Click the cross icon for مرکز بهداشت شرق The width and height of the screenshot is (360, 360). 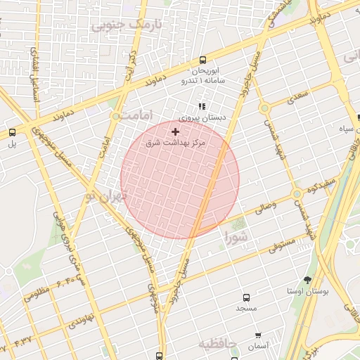pyautogui.click(x=175, y=131)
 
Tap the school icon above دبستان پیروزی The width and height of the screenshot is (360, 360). pyautogui.click(x=202, y=107)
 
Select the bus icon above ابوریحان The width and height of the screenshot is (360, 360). pyautogui.click(x=203, y=60)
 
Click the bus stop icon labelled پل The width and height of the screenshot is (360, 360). pyautogui.click(x=12, y=132)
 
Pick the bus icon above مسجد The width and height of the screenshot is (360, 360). pyautogui.click(x=246, y=297)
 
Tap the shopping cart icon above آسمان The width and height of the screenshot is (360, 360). pyautogui.click(x=258, y=335)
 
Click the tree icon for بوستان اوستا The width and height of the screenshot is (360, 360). pyautogui.click(x=307, y=280)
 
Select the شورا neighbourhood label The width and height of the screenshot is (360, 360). pyautogui.click(x=238, y=238)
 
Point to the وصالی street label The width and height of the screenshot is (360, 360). pyautogui.click(x=278, y=205)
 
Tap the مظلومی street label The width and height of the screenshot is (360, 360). pyautogui.click(x=39, y=293)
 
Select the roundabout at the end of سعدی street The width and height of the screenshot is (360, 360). pyautogui.click(x=264, y=108)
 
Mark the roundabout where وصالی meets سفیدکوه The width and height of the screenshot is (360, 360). pyautogui.click(x=297, y=193)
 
